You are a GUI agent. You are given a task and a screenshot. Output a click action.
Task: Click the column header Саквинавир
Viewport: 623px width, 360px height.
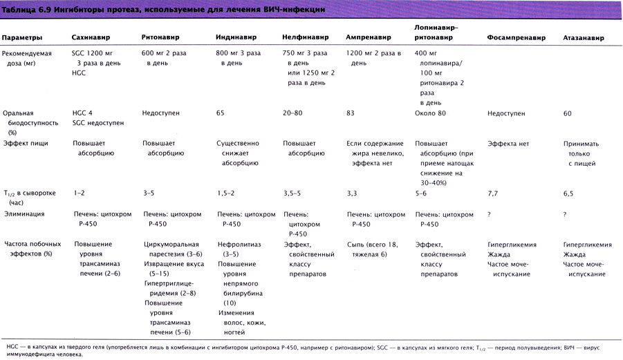pos(92,37)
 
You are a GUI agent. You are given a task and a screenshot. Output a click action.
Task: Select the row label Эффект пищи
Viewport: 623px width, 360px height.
pos(25,143)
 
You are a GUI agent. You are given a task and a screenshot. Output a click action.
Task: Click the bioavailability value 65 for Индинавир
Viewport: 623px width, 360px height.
pos(221,112)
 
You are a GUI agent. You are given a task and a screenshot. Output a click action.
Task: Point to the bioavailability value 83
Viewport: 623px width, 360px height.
pos(351,112)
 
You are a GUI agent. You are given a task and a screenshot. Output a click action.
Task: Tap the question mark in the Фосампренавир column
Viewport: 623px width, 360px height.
pos(489,214)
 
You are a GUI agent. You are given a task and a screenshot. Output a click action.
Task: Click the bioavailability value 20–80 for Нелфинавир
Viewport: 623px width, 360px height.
pos(293,112)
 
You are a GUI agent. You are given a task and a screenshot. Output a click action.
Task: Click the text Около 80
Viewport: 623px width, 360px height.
pos(430,112)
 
